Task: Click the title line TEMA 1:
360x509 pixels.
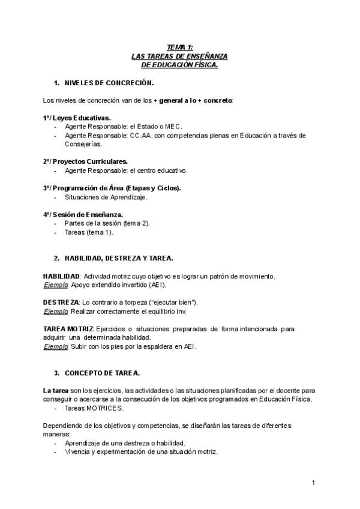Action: [x=179, y=47]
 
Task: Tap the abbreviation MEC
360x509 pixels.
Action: [x=172, y=127]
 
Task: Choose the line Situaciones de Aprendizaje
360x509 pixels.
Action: [x=106, y=196]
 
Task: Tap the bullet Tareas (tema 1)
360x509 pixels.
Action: [x=89, y=232]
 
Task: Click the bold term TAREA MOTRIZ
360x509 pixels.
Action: [x=68, y=328]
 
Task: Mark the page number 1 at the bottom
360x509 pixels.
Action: [x=313, y=483]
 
